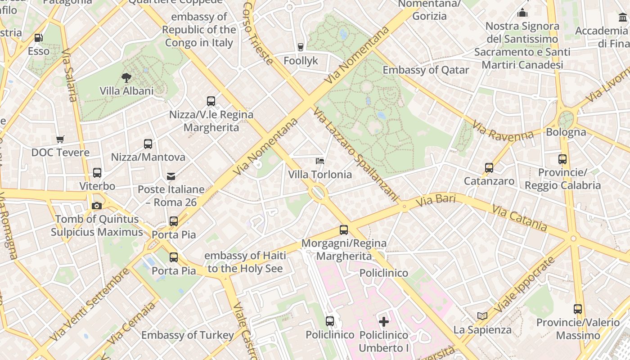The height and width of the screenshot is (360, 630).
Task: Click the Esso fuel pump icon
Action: tap(39, 38)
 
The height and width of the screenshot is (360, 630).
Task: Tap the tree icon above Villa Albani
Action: tap(126, 77)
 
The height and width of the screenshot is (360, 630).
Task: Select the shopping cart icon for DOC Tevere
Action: tap(60, 139)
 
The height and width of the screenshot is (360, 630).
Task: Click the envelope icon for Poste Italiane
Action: tap(171, 176)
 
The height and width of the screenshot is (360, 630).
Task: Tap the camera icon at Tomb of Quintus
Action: tap(96, 206)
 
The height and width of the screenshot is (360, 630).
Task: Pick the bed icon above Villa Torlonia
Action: tap(320, 161)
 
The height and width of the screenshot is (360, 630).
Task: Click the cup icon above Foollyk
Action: tap(301, 47)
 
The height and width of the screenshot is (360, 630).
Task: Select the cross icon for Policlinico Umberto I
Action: tap(384, 322)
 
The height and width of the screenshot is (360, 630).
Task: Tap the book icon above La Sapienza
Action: tap(482, 316)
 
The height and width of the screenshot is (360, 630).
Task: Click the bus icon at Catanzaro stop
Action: tap(489, 168)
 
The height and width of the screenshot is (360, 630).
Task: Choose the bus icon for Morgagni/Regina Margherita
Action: tap(344, 230)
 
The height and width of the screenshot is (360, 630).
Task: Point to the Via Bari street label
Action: tap(436, 201)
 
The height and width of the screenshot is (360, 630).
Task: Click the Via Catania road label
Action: tap(519, 218)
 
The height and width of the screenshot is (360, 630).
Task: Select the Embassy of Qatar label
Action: tap(426, 70)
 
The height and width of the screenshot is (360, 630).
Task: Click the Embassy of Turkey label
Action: tap(188, 335)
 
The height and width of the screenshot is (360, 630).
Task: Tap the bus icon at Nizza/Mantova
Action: tap(148, 144)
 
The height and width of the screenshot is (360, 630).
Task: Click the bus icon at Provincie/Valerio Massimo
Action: tap(578, 309)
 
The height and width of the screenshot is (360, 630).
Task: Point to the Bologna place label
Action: tap(566, 132)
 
